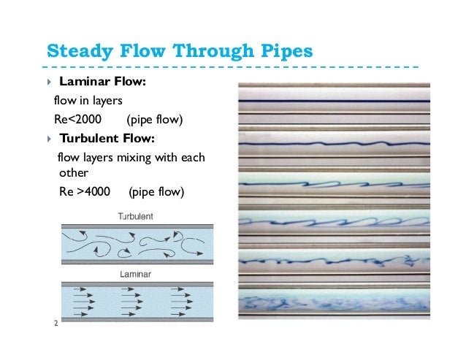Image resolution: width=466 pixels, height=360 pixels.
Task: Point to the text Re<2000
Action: [x=77, y=119]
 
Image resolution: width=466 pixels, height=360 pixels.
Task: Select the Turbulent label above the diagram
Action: [x=136, y=217]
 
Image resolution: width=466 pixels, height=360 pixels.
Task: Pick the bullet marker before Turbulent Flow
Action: [x=47, y=138]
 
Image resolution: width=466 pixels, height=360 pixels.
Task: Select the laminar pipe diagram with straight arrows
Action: [x=136, y=301]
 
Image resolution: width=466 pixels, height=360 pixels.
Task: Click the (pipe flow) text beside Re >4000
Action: [x=156, y=193]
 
